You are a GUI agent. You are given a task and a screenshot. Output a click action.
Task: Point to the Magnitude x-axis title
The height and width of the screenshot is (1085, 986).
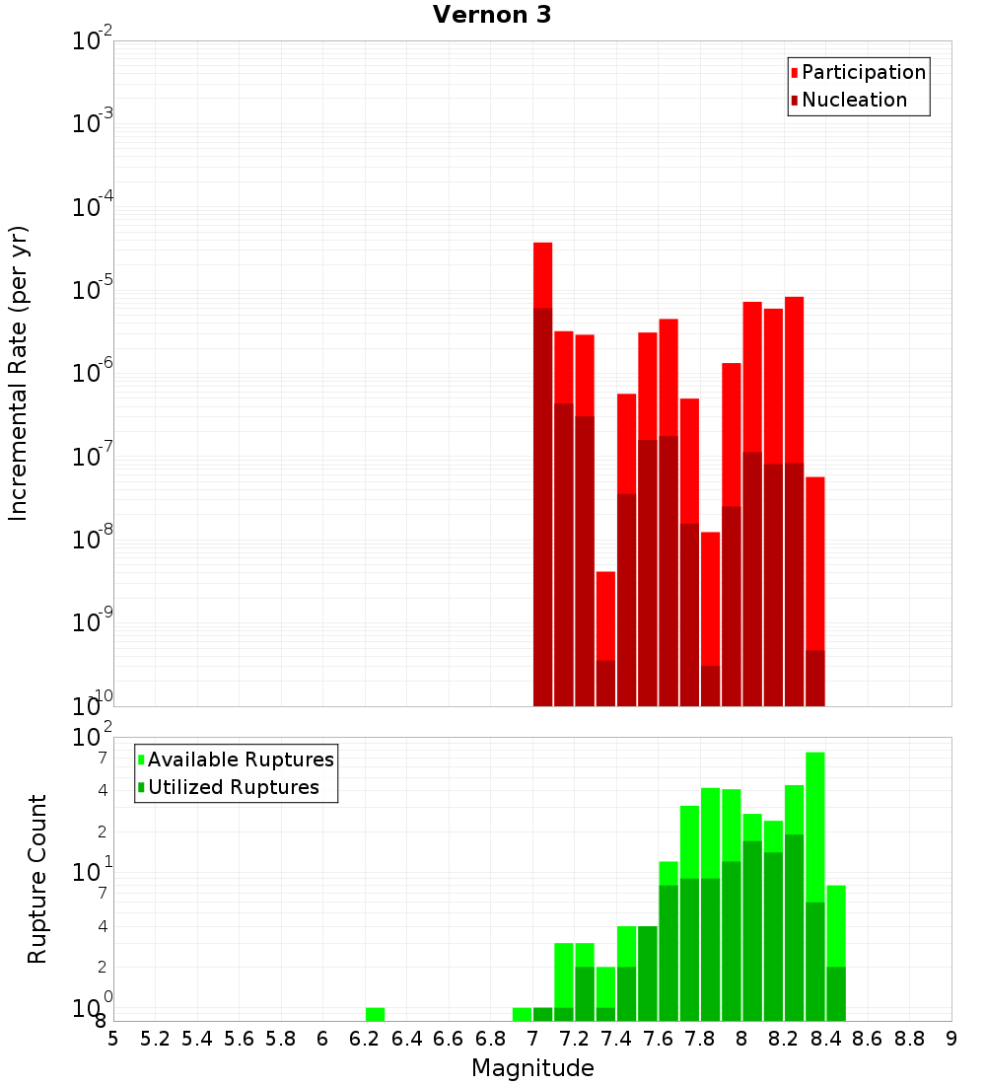[x=532, y=1068]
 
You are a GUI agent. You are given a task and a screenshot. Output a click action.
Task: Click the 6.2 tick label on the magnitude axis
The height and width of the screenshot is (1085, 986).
[x=364, y=1039]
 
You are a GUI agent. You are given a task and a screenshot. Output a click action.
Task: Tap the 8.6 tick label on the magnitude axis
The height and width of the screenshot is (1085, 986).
[x=868, y=1039]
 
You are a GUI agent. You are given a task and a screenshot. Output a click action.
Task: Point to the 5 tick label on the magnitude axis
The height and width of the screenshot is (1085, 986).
[x=113, y=1039]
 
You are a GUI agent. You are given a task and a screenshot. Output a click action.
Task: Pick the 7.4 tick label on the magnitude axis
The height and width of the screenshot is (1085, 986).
[x=616, y=1039]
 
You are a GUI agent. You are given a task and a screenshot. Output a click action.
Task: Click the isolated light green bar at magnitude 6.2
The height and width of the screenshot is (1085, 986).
[x=375, y=1014]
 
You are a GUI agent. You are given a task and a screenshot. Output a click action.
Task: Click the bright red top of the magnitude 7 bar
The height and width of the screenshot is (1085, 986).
[x=542, y=274]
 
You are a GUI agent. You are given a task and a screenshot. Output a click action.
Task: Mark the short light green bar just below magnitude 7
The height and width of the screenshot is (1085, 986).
[x=522, y=1014]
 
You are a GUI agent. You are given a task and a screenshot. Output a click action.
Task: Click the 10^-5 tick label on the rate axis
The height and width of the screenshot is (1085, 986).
[x=93, y=290]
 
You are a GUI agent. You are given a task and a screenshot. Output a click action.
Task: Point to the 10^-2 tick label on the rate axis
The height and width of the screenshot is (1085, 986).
[x=93, y=41]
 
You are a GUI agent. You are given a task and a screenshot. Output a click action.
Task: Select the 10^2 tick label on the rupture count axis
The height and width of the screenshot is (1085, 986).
[x=93, y=738]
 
